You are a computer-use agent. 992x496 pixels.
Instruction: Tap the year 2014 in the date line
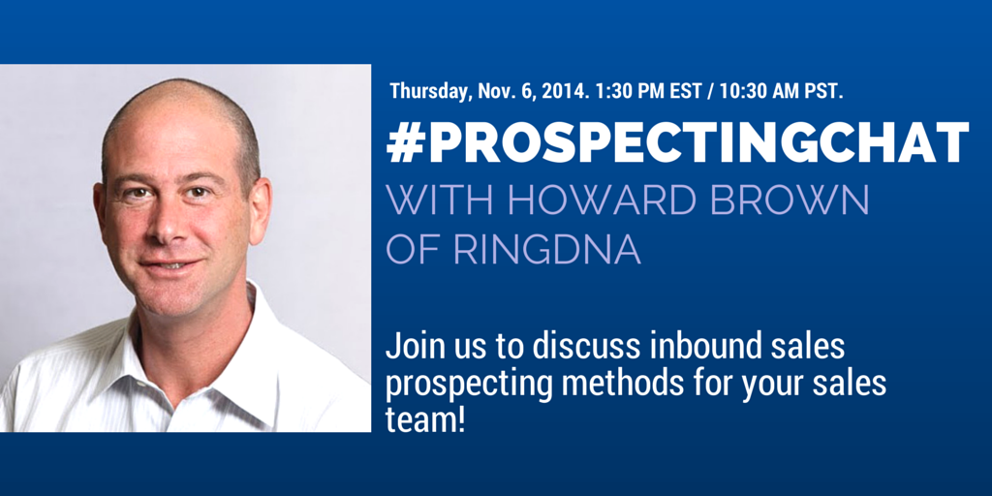[565, 90]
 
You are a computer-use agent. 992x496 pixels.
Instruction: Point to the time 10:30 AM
[759, 90]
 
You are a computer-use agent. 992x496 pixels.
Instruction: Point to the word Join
[411, 349]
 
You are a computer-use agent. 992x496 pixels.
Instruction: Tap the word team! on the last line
[425, 420]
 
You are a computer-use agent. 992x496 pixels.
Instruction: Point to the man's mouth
[170, 264]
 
